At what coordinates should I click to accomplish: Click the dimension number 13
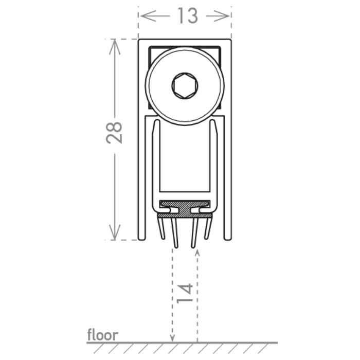(x=188, y=15)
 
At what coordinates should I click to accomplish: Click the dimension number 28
(x=114, y=133)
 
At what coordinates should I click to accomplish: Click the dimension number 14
(x=185, y=294)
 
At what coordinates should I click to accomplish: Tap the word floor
(x=103, y=335)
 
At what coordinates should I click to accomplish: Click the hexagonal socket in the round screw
(x=185, y=86)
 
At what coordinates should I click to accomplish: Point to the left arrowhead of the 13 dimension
(x=149, y=16)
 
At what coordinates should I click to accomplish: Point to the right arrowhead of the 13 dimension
(x=221, y=16)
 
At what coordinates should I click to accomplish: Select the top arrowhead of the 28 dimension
(x=115, y=47)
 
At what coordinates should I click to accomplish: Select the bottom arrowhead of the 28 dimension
(x=115, y=232)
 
